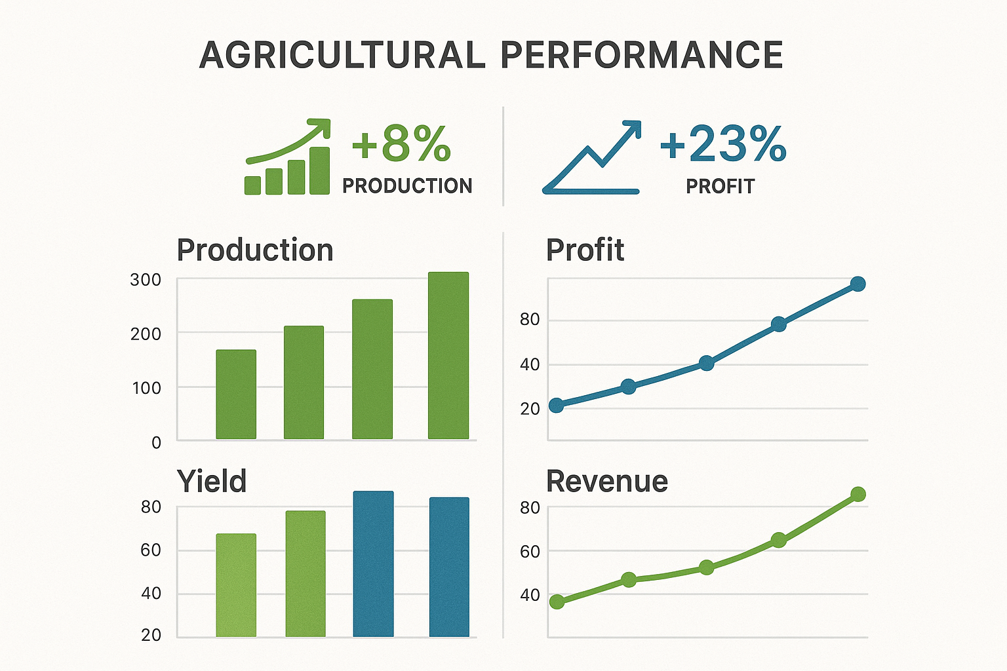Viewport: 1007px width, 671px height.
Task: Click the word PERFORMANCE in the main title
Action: click(x=642, y=55)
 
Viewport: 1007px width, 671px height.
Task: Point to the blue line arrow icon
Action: click(x=592, y=158)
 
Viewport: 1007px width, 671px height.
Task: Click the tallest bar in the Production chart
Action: click(x=448, y=355)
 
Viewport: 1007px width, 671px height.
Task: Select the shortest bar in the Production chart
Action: click(x=236, y=394)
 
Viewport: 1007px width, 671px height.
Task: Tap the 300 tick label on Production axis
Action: click(x=146, y=280)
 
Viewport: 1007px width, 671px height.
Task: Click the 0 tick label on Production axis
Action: click(x=156, y=443)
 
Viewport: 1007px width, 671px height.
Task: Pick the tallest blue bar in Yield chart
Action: click(x=373, y=564)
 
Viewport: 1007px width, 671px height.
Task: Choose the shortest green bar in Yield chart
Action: click(x=236, y=585)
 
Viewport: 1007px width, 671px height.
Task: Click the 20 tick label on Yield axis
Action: click(x=151, y=635)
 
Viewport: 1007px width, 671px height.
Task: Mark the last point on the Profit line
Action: click(x=858, y=284)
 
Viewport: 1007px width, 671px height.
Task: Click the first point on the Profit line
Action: click(x=557, y=406)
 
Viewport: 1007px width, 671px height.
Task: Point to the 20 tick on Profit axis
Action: click(x=530, y=409)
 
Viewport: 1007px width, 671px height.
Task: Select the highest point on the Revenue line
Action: click(x=858, y=494)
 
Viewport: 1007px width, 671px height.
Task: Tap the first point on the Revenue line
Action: click(x=557, y=602)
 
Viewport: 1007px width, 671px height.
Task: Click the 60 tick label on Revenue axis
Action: click(x=530, y=552)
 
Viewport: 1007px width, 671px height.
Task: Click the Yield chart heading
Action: click(x=212, y=482)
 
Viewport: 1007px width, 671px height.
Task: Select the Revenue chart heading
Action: click(x=607, y=482)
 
